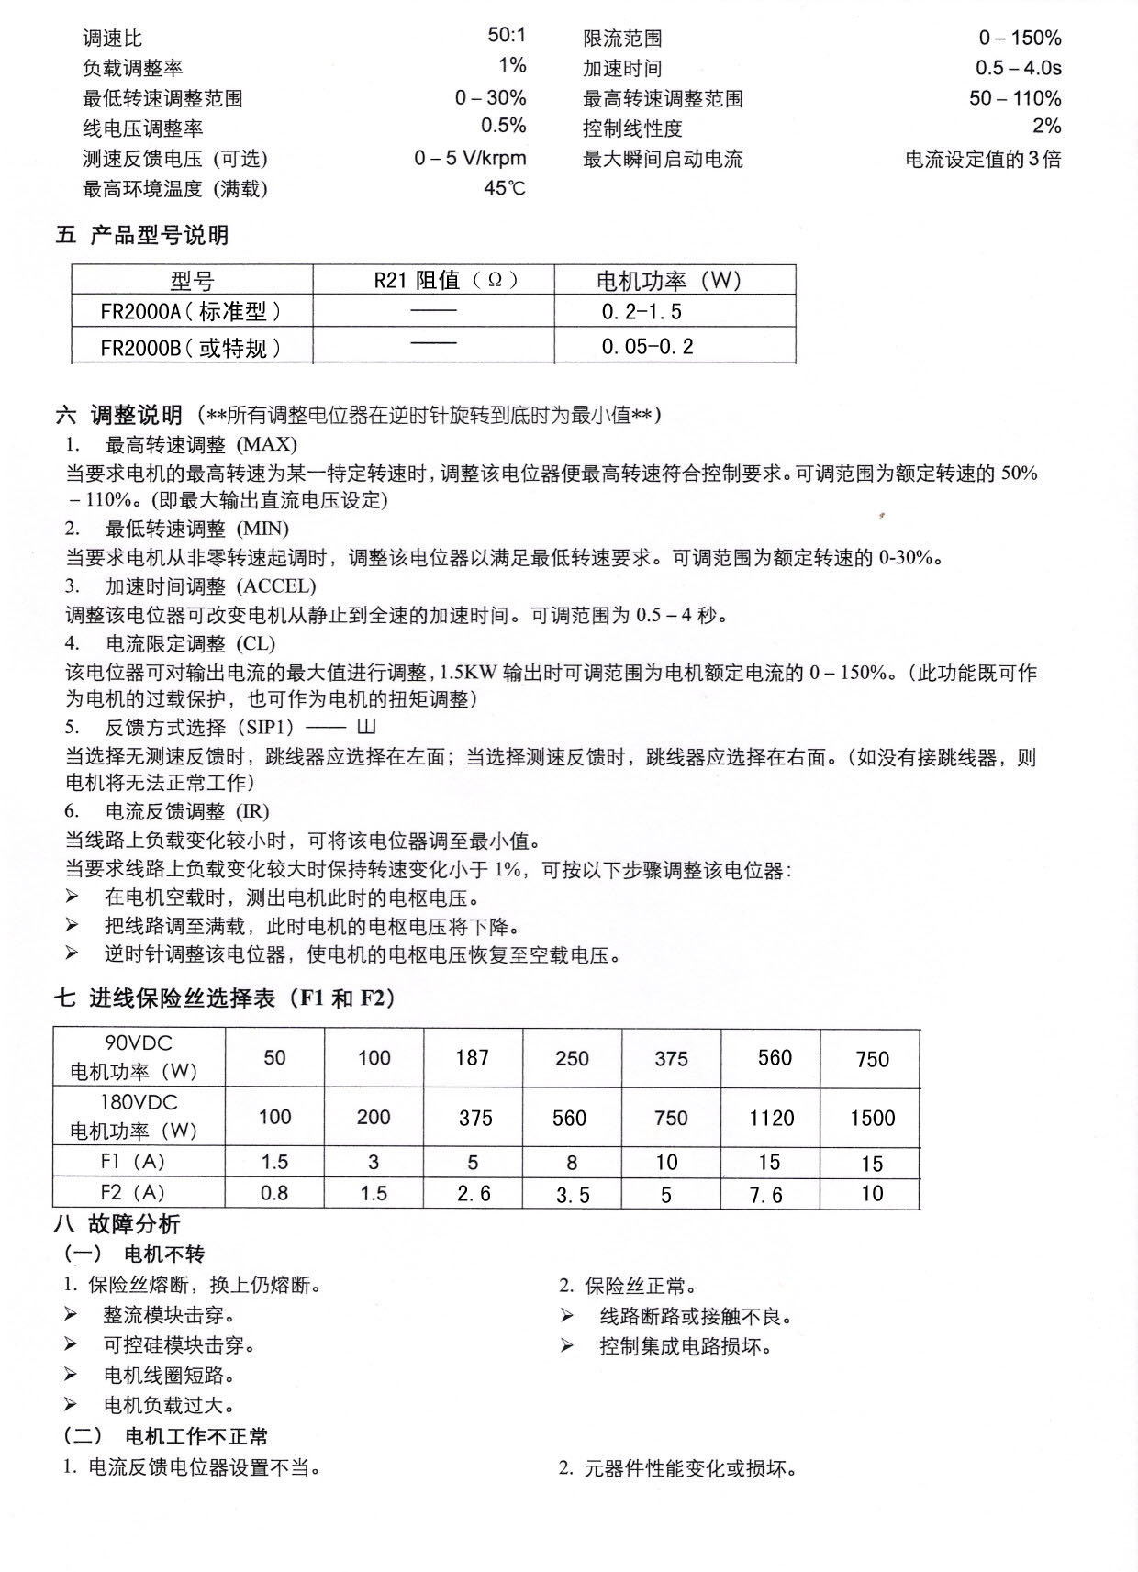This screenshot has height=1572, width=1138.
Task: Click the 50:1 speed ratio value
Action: point(507,36)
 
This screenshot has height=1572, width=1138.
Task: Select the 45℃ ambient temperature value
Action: point(505,188)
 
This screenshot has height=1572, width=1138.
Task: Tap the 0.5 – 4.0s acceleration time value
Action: point(1018,67)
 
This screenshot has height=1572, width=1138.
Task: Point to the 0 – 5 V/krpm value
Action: point(470,158)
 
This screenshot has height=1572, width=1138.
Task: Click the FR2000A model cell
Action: point(191,311)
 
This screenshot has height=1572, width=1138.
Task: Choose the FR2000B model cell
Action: point(191,347)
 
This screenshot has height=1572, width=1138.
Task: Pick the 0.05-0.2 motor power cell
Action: point(647,346)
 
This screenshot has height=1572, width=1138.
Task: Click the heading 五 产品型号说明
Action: point(141,236)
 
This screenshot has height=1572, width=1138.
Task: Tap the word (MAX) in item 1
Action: point(267,445)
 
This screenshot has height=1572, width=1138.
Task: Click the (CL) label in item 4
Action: point(256,643)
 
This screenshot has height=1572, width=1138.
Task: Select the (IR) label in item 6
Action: point(252,811)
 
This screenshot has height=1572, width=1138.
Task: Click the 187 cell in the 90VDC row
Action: point(472,1058)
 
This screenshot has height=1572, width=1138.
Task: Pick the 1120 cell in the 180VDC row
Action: point(771,1118)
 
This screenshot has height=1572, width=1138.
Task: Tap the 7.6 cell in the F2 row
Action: point(765,1195)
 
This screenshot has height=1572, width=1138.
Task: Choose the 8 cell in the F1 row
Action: point(571,1163)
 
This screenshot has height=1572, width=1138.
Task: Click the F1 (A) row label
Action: point(132,1162)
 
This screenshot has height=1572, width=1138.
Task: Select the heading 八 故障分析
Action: point(117,1224)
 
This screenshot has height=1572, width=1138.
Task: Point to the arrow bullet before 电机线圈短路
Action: point(71,1374)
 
